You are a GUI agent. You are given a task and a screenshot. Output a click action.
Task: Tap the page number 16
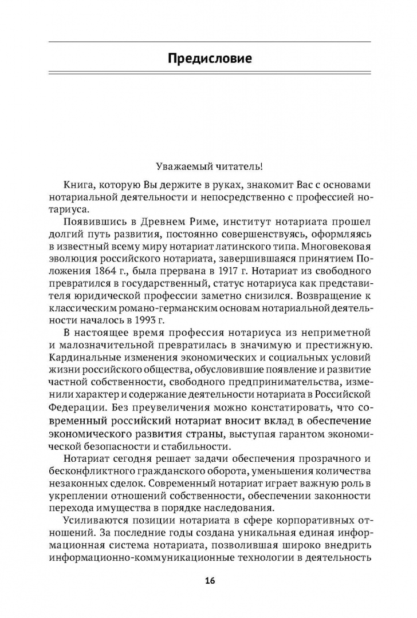(x=209, y=581)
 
